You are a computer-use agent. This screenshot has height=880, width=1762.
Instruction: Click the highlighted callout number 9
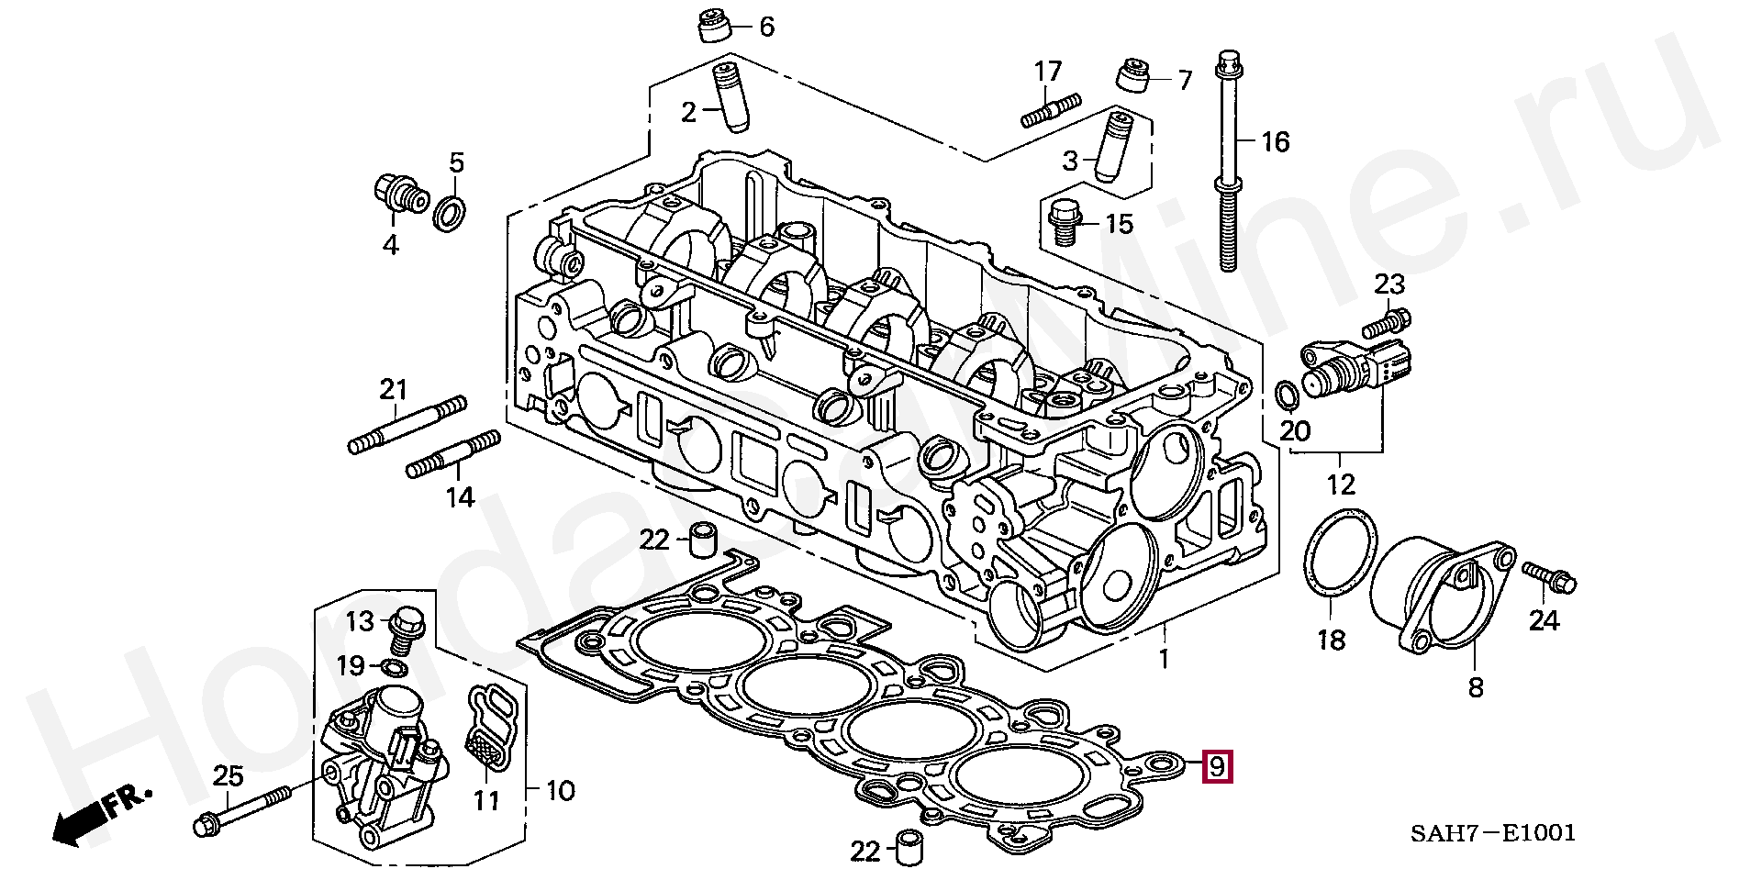tap(1217, 766)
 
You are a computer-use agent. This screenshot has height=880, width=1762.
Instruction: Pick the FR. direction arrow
tap(100, 817)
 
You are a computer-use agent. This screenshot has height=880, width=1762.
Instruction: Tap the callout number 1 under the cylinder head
tap(1163, 658)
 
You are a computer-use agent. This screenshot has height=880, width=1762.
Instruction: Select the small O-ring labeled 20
tap(1287, 394)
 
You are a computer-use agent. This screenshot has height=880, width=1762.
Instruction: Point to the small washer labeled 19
tap(394, 665)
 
